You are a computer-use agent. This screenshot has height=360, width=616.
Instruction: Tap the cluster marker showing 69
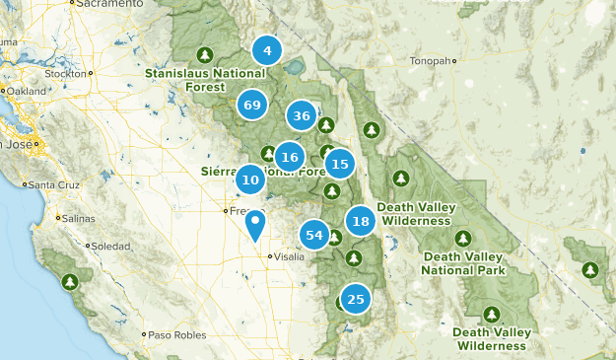tap(252, 104)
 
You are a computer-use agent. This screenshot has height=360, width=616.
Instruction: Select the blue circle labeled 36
tap(302, 116)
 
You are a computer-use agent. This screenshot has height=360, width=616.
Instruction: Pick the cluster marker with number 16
tap(289, 156)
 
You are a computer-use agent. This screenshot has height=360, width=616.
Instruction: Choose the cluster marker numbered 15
tap(339, 164)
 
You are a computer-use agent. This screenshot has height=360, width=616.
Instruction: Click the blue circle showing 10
tap(250, 180)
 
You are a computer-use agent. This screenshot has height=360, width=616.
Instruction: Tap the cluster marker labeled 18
tap(361, 221)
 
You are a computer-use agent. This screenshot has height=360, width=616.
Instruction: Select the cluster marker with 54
tap(315, 235)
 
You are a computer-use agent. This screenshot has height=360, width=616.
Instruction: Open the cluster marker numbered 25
tap(356, 299)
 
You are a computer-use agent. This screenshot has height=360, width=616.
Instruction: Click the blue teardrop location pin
tap(255, 225)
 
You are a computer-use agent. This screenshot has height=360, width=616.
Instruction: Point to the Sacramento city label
tap(103, 5)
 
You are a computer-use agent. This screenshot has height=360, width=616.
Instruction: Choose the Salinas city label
tap(75, 218)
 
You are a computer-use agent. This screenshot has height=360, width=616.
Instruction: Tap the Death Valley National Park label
tap(463, 263)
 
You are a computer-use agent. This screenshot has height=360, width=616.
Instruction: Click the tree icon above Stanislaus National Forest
tap(205, 54)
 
